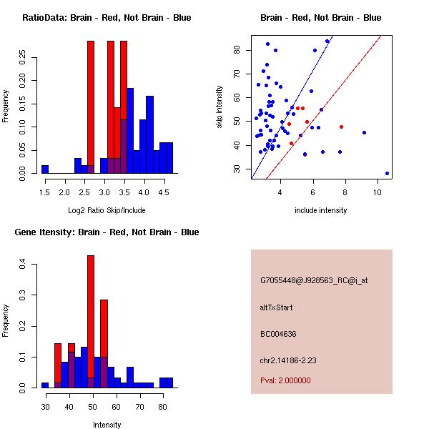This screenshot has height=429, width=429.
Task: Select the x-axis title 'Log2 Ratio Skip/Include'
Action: [x=106, y=209]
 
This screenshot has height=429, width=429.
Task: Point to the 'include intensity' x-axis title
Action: [x=320, y=210]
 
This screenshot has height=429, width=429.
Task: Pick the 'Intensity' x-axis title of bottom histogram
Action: [x=107, y=425]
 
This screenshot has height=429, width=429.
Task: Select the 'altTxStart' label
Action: [x=277, y=307]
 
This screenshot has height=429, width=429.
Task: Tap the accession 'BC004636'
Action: [x=278, y=334]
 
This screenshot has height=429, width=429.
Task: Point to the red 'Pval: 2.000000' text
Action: [x=285, y=380]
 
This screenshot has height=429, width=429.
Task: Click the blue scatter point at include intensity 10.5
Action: [x=387, y=173]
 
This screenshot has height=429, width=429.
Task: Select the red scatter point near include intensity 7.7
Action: [x=341, y=127]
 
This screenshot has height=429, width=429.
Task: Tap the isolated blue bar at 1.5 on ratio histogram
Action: [x=45, y=169]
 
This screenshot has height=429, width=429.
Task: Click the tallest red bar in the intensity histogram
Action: [x=91, y=322]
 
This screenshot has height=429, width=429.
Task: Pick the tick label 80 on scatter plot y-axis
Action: [x=237, y=49]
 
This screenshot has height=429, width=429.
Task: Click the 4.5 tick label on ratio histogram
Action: [x=162, y=192]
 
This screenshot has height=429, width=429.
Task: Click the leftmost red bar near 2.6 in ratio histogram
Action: [x=91, y=107]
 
